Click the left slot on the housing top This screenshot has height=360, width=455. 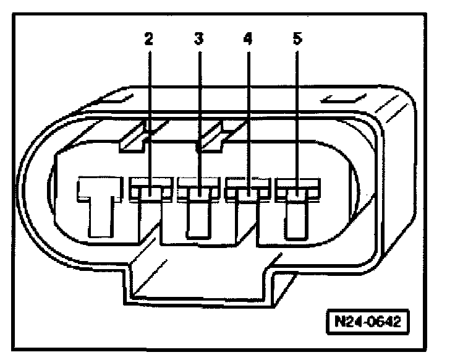[x=121, y=98]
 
